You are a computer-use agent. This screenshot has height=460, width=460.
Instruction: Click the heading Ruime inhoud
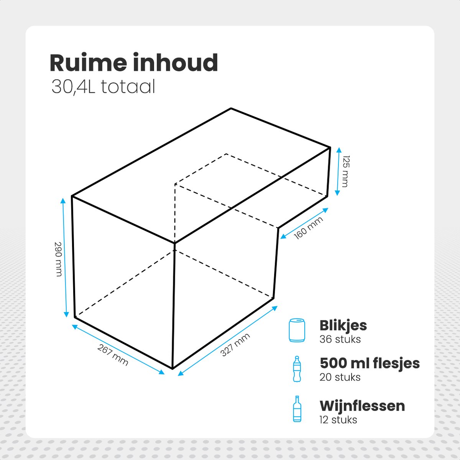click(134, 63)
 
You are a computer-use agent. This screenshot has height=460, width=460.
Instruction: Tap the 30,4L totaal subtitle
click(103, 87)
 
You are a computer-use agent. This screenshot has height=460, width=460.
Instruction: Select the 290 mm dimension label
click(58, 259)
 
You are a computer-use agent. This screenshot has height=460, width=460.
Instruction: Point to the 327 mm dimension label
click(235, 345)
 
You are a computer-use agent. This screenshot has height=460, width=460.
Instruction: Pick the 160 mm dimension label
click(308, 228)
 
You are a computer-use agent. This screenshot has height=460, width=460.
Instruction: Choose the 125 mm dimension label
click(345, 171)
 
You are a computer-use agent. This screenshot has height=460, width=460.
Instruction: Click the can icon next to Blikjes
click(297, 330)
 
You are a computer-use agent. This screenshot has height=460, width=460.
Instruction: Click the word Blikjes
click(343, 326)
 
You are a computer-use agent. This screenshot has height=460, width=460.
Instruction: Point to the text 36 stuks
click(340, 339)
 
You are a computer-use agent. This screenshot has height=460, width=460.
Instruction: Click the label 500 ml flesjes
click(370, 363)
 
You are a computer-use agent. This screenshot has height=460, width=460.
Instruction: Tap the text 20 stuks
click(340, 378)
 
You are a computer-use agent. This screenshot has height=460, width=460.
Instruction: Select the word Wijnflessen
click(362, 406)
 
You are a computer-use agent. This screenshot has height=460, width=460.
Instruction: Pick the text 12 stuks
click(338, 420)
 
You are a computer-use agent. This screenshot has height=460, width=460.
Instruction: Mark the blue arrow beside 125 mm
click(338, 172)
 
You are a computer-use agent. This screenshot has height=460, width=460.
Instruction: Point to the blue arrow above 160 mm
click(304, 223)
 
